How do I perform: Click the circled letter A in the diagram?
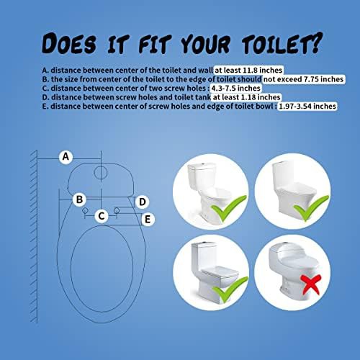pos(66,157)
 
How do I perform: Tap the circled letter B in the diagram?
pos(79,199)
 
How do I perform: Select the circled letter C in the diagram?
pos(102,216)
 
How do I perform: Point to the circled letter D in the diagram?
pos(143,202)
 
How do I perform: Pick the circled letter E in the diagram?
pos(148,220)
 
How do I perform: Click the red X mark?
pos(311,284)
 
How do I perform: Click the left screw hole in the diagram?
pos(85,210)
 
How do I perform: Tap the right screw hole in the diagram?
pos(117,210)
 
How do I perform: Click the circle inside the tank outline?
pos(101,173)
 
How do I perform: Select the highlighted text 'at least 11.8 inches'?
pos(248,70)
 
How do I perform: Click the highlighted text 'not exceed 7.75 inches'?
pos(304,79)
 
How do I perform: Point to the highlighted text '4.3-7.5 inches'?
pos(235,88)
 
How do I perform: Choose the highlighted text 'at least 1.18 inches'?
pos(246,97)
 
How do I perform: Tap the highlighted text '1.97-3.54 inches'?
pos(307,106)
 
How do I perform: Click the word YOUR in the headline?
pos(205,44)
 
